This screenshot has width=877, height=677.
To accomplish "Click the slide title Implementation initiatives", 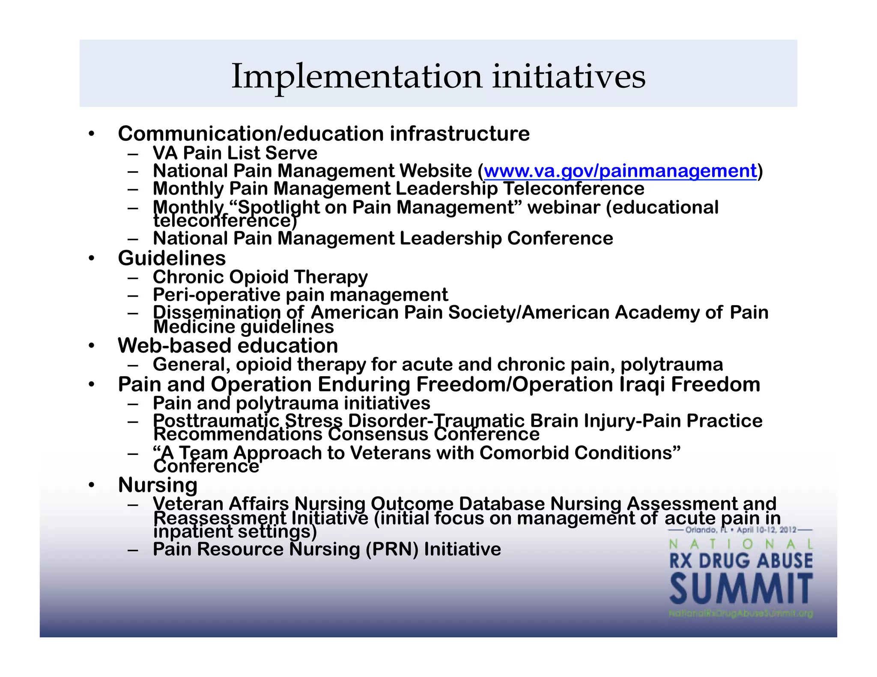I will (438, 76).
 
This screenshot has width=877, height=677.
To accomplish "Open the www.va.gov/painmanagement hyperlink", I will (620, 171).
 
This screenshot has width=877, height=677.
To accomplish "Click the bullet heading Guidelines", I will (172, 258).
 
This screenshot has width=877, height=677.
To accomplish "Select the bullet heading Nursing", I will (158, 485).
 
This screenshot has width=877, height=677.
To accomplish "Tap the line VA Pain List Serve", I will (235, 153).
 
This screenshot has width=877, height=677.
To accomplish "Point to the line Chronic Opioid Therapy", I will (260, 277).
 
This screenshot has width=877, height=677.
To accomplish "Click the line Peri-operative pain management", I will (300, 295).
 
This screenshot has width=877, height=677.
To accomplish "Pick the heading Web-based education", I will (228, 345).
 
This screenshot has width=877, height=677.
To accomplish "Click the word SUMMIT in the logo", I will (741, 590).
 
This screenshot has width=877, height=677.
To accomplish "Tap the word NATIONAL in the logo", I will (741, 544).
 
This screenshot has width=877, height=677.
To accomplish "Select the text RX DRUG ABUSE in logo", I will (741, 561).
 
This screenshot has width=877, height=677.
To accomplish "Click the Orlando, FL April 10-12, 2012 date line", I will (741, 530).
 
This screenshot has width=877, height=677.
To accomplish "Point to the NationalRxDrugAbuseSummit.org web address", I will (741, 614).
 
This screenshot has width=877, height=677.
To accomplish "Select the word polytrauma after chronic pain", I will (671, 365).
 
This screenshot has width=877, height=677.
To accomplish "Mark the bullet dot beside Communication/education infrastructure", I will (91, 134).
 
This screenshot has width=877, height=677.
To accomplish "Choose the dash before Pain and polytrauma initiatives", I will (133, 404).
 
